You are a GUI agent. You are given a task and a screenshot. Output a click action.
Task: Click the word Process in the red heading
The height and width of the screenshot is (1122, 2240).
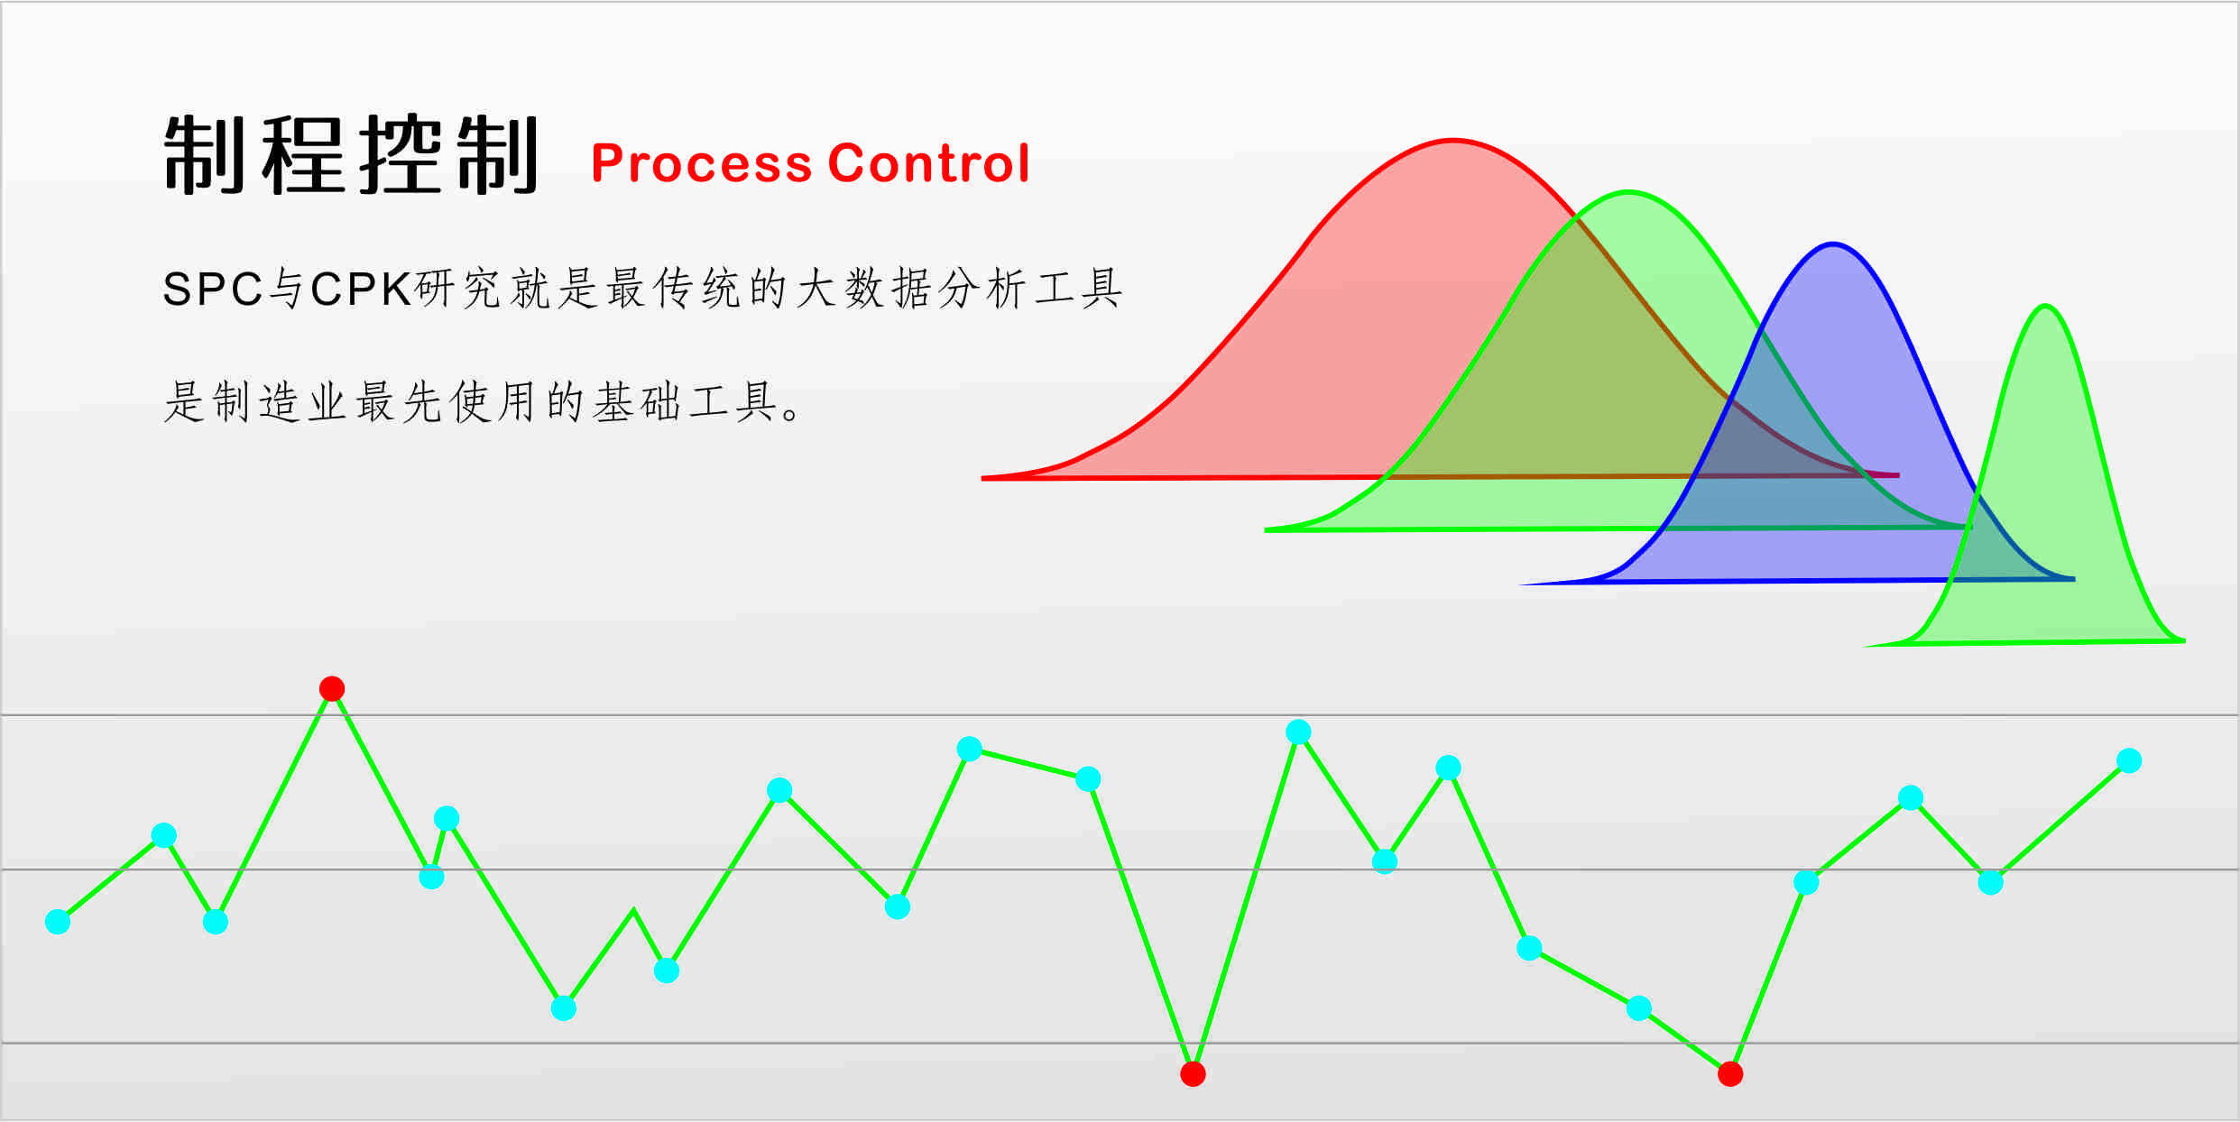point(702,164)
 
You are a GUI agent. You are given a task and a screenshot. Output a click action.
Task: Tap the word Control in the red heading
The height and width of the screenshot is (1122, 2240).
point(928,163)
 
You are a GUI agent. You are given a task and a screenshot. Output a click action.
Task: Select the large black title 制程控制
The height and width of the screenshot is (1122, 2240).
point(351,154)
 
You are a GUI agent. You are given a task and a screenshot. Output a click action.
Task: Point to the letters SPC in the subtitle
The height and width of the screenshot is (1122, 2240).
point(213,290)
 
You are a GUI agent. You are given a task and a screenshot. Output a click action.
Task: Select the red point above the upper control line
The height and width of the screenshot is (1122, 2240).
point(332,689)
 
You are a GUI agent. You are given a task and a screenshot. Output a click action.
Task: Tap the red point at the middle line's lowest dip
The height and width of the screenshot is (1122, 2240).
point(1193,1074)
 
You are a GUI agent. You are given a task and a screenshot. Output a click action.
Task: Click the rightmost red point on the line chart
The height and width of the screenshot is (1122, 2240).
point(1730,1074)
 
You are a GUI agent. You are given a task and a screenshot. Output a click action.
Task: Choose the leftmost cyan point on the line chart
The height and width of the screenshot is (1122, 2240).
point(58,922)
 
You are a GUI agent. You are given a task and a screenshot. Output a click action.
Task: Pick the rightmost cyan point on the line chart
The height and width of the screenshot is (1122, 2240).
point(2129,761)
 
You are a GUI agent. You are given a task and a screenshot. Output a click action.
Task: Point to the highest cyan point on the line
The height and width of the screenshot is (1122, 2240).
point(1298,731)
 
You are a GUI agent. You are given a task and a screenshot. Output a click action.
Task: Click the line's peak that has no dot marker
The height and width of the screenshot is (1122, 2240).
point(633,910)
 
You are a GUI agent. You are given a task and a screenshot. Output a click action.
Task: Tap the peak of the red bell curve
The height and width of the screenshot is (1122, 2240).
point(1453,141)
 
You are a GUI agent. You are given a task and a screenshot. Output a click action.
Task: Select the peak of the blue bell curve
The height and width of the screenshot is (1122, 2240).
point(1833,244)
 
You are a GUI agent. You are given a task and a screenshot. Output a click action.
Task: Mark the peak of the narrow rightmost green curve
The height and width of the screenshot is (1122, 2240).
point(2046,307)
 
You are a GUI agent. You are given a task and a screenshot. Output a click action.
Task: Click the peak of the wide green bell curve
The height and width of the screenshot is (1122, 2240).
point(1628,192)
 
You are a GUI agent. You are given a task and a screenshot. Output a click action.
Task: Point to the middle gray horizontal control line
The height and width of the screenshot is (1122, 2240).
point(1120,869)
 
